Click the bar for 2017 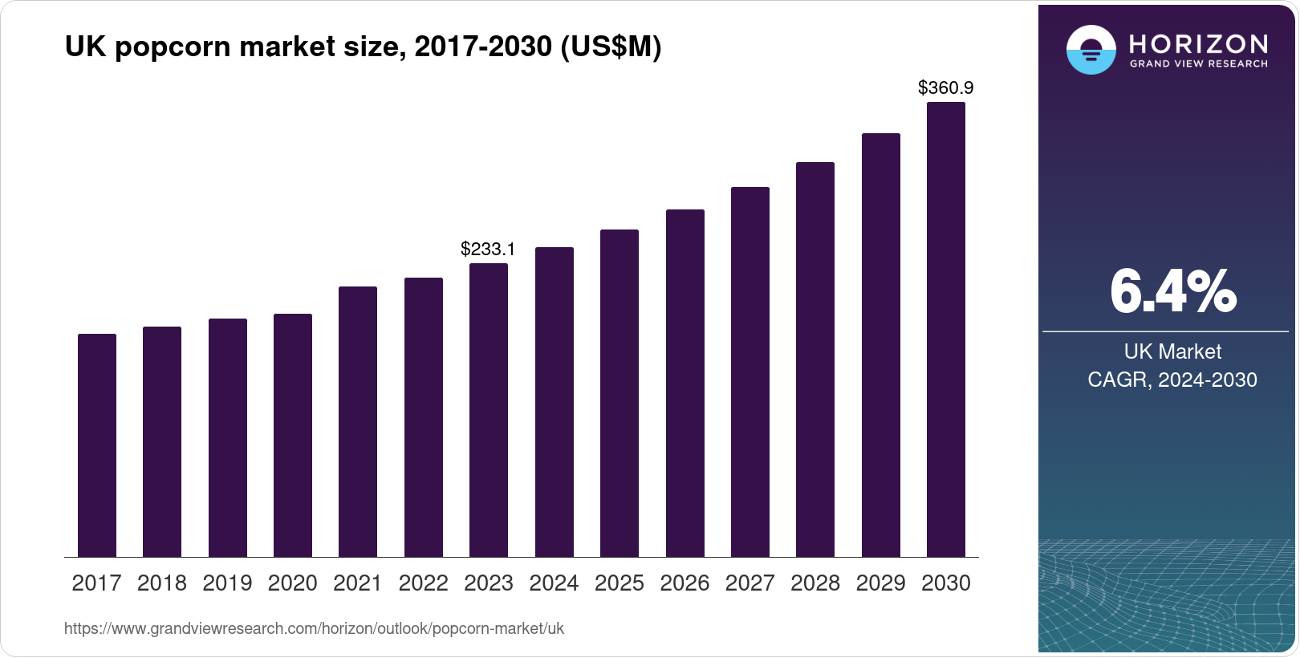pos(97,445)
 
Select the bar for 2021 pos(358,421)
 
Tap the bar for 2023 pos(489,410)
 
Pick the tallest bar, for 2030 pos(946,329)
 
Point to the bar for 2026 pos(685,383)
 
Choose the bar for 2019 pos(228,437)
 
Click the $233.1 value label pos(488,249)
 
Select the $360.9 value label pos(945,87)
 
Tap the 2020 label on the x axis pos(293,583)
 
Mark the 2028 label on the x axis pos(815,583)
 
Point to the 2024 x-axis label pos(554,583)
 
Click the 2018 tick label pos(162,583)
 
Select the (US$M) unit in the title pos(611,47)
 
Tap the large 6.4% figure pos(1172,292)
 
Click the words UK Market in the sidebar pos(1172,351)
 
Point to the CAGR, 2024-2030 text pos(1172,380)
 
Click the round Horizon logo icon pos(1091,50)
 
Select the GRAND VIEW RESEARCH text pos(1199,64)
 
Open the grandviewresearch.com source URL pos(314,628)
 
